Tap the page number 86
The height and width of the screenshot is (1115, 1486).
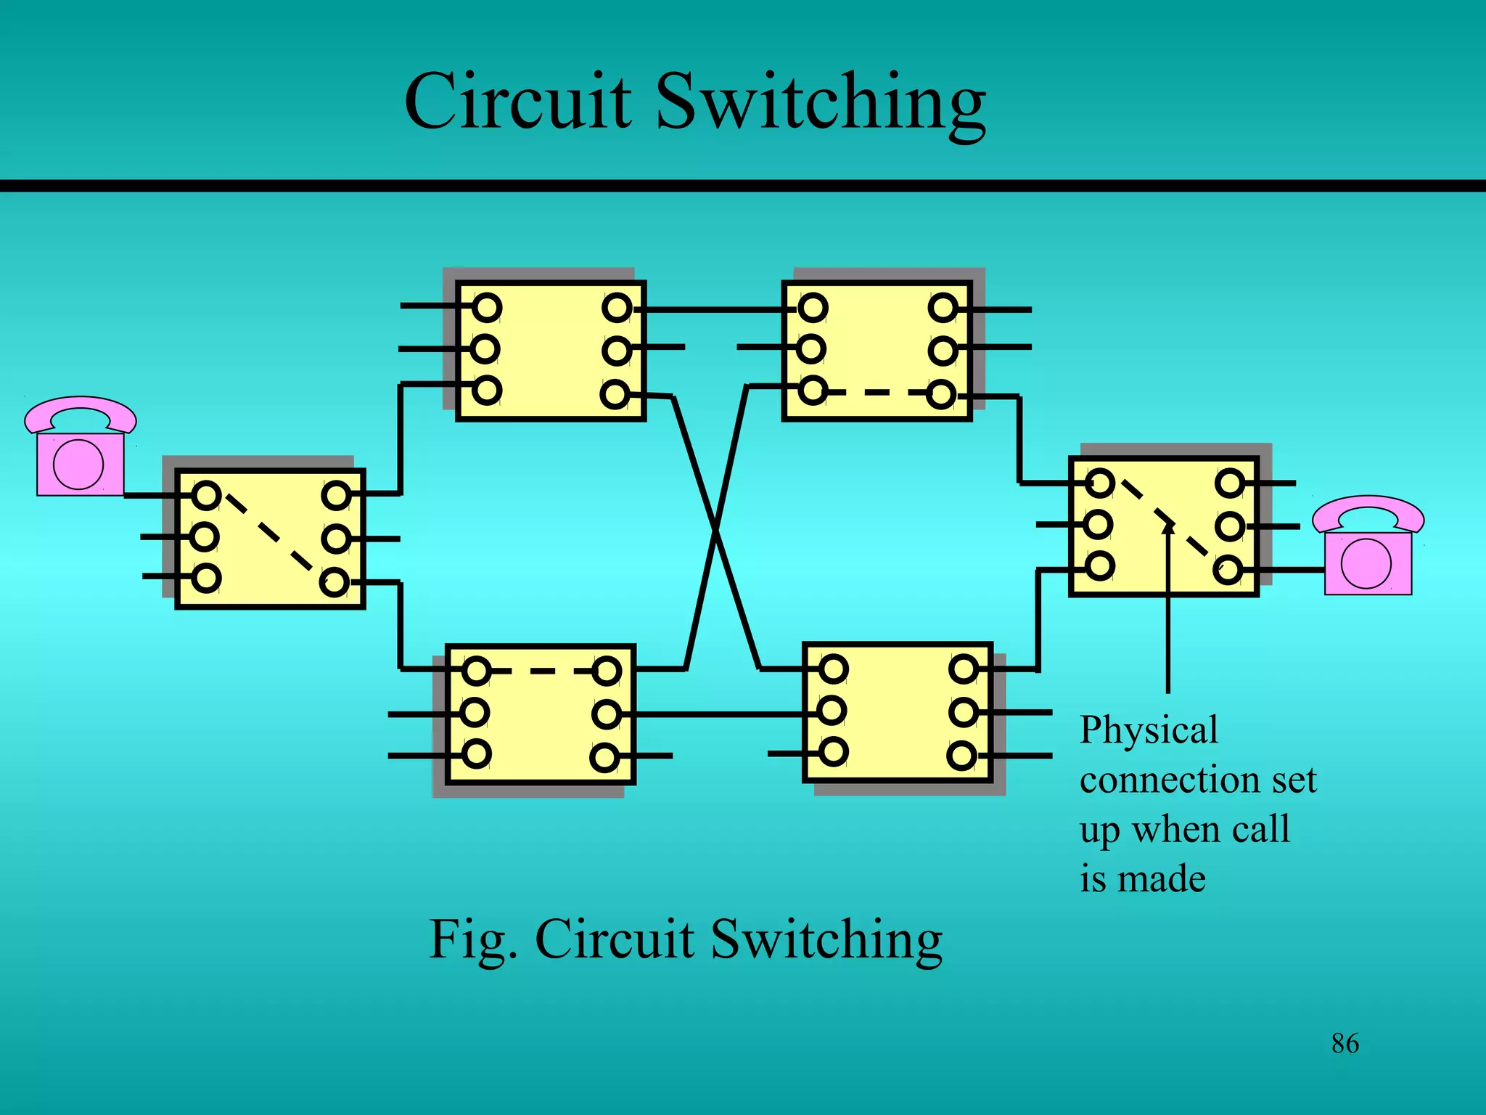[1345, 1044]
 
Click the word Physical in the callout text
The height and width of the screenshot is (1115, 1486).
[1149, 730]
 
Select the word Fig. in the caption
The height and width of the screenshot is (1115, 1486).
[472, 939]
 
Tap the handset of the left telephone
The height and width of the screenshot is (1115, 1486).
[80, 414]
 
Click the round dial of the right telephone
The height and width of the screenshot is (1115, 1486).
[1366, 563]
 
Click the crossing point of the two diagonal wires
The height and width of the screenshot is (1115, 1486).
[716, 531]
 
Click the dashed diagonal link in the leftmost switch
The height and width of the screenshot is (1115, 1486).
[270, 537]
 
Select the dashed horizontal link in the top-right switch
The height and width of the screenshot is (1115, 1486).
[877, 393]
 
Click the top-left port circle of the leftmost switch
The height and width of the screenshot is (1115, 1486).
[207, 496]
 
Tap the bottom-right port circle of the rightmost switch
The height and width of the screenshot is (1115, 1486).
[1228, 570]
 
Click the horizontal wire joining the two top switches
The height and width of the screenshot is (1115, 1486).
[715, 310]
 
